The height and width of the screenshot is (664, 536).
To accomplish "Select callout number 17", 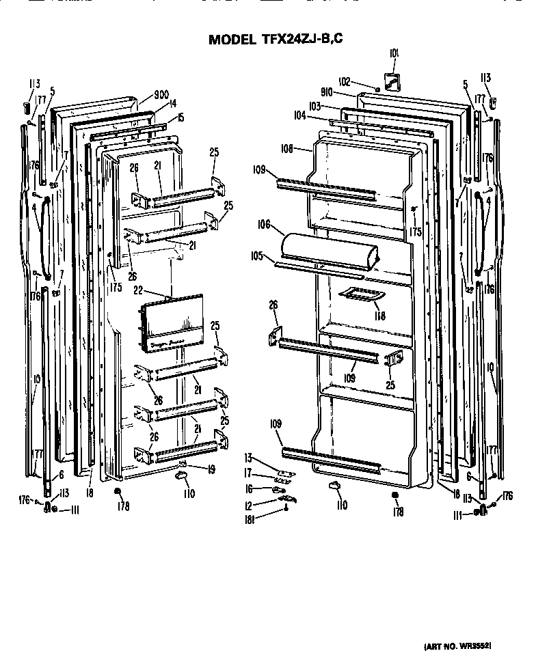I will (250, 473).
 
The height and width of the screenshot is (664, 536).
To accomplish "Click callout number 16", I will (250, 489).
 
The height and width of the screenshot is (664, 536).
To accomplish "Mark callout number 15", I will (180, 117).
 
